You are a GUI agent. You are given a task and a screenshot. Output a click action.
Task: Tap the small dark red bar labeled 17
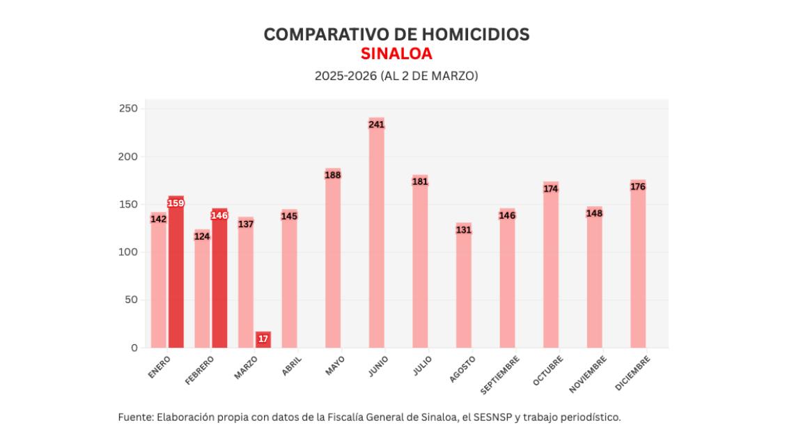click(x=263, y=339)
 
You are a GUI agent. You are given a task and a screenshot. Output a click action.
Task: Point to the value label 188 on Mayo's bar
click(x=333, y=175)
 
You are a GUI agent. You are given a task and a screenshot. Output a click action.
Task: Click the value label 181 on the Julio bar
click(x=420, y=182)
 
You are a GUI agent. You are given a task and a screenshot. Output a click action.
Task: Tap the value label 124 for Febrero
click(x=202, y=236)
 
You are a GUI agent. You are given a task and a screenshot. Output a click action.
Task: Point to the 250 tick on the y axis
click(x=129, y=109)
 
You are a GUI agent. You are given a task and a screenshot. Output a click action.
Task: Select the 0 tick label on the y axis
click(x=134, y=348)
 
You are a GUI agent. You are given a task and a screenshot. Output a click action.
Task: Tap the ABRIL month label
click(x=292, y=367)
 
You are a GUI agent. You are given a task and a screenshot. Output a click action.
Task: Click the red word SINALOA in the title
click(x=396, y=54)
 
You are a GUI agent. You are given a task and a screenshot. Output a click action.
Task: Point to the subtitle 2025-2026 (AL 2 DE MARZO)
click(x=396, y=76)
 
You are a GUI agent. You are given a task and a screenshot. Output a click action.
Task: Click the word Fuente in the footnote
click(x=135, y=417)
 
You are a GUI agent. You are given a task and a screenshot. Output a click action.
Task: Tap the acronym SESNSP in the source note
click(x=493, y=417)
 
